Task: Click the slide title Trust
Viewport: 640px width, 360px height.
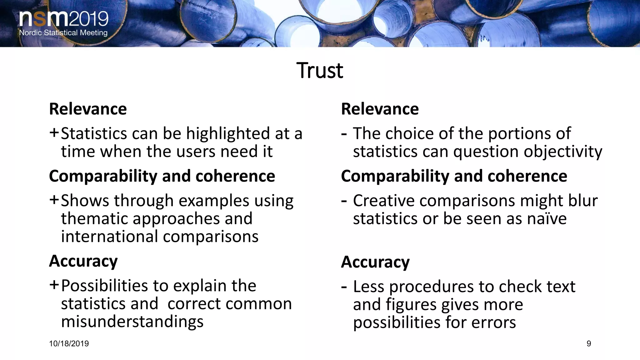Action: [320, 71]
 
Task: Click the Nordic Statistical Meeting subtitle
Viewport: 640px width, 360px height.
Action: [63, 33]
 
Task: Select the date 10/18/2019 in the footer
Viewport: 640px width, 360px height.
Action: [69, 344]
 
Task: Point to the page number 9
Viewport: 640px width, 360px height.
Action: [589, 344]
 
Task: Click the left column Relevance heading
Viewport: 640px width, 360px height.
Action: [88, 109]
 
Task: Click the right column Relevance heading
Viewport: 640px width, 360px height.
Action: [380, 109]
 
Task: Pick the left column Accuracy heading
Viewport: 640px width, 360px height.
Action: [83, 261]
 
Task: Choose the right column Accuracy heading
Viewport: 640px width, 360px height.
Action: [375, 262]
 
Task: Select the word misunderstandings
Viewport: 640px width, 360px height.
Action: [132, 322]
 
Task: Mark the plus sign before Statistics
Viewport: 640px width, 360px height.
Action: [54, 133]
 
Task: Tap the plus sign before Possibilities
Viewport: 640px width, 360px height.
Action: [54, 285]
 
